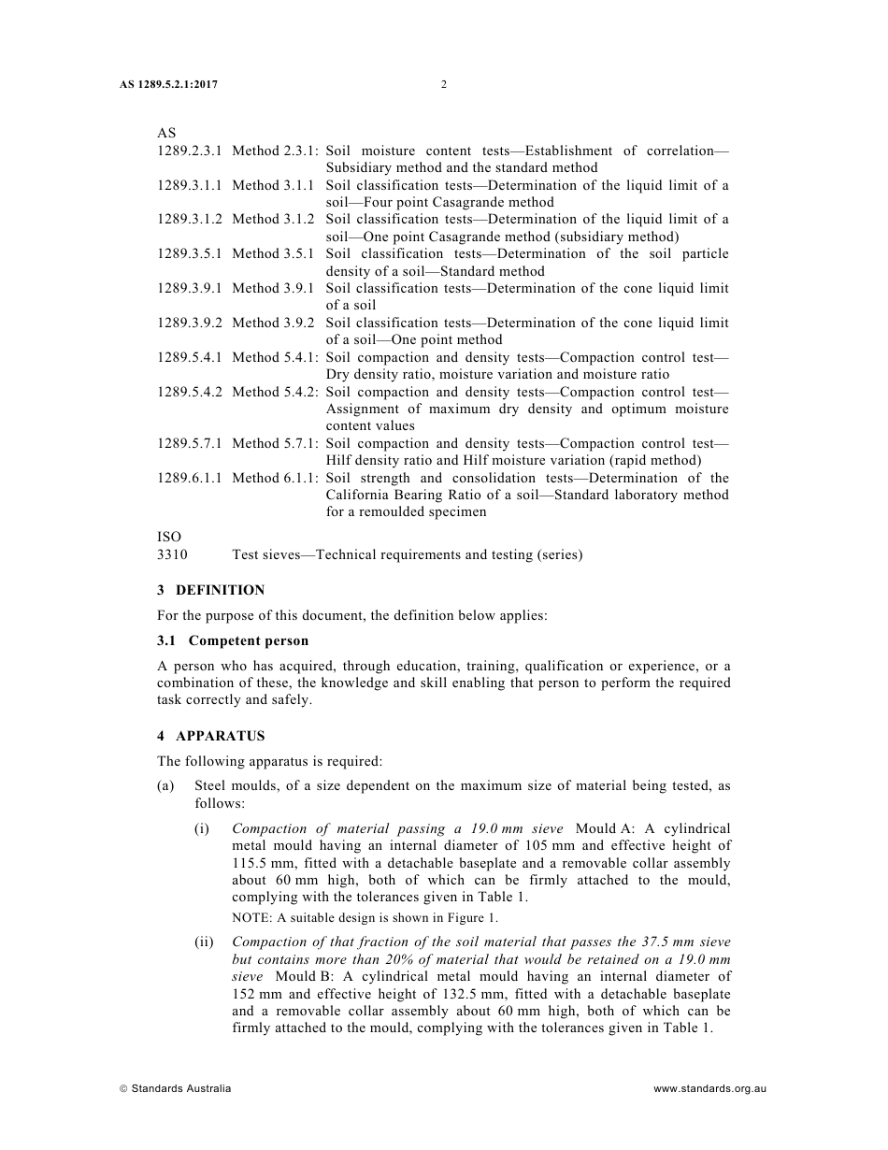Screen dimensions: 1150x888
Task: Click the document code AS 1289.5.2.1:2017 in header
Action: (168, 85)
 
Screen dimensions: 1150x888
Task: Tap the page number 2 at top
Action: (444, 85)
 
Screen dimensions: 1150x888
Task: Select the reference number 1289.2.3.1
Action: (190, 151)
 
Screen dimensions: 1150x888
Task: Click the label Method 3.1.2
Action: (273, 220)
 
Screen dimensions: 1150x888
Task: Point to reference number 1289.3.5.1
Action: (190, 254)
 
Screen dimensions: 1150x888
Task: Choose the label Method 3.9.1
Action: (273, 289)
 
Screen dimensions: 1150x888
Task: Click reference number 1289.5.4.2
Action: (190, 392)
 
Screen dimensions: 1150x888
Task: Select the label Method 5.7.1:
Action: (275, 443)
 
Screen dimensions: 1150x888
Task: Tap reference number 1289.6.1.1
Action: (190, 478)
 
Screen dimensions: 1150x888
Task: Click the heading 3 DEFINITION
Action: (210, 590)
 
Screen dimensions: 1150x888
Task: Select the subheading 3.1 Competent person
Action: (233, 640)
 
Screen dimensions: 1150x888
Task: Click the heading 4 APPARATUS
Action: (210, 736)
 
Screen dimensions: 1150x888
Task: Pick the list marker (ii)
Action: (204, 942)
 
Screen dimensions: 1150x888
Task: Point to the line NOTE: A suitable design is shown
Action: (365, 918)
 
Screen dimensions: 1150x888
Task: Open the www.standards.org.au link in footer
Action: (710, 1088)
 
